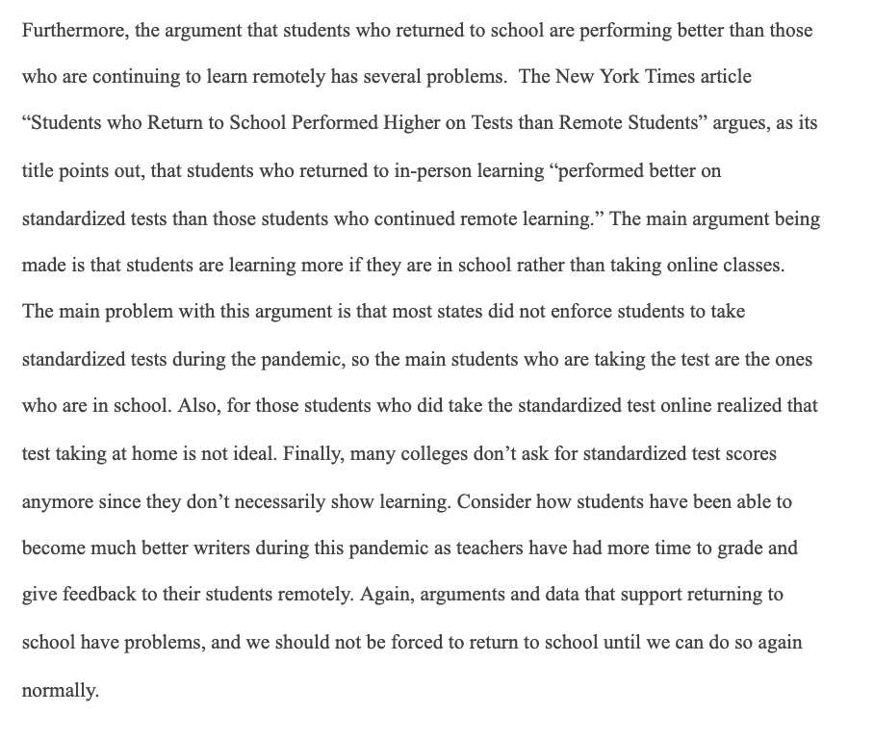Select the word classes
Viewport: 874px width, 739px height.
tap(751, 266)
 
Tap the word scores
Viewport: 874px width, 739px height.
tap(751, 453)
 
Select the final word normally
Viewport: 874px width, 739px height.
tap(60, 690)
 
